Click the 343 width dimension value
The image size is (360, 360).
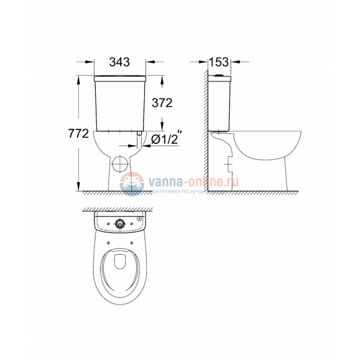pyautogui.click(x=120, y=63)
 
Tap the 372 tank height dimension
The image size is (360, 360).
pyautogui.click(x=162, y=103)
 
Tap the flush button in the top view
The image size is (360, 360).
pyautogui.click(x=120, y=224)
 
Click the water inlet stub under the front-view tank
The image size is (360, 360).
pyautogui.click(x=136, y=136)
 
